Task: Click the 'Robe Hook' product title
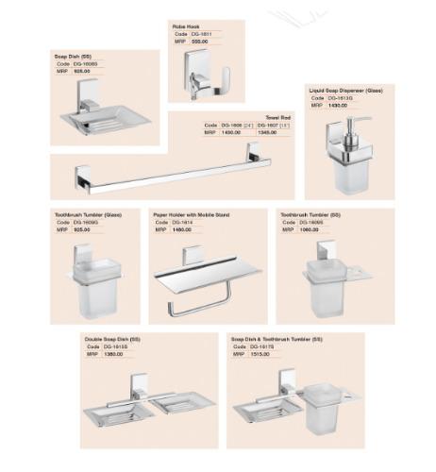click(x=186, y=25)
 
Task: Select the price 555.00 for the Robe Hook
click(x=198, y=42)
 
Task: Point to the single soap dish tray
click(x=104, y=121)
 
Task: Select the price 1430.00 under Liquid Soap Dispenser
click(x=338, y=106)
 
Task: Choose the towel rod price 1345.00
click(x=267, y=133)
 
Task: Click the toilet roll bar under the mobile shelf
click(x=198, y=306)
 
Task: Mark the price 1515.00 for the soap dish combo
click(x=260, y=355)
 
